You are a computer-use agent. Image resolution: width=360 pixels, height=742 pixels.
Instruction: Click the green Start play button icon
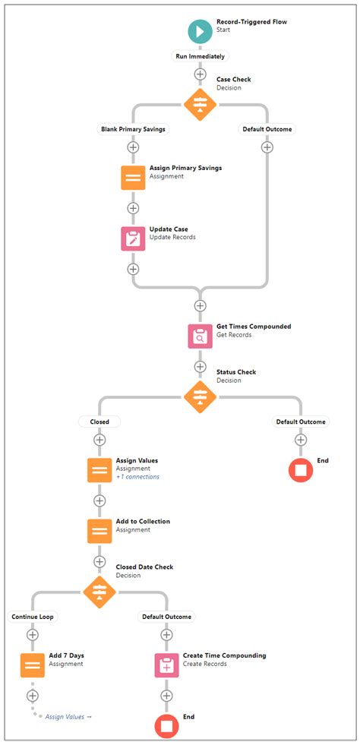(200, 31)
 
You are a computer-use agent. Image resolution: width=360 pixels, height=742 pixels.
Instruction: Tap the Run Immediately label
(200, 56)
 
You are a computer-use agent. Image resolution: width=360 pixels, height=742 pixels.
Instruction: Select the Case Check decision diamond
(200, 104)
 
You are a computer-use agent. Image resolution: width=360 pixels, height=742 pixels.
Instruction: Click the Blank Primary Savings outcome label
(134, 129)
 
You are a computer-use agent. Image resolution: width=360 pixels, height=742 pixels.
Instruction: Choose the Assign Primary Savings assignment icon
(133, 177)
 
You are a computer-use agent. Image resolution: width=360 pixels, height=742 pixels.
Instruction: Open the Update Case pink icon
(133, 238)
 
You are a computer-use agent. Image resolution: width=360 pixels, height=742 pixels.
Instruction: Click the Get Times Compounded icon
(200, 336)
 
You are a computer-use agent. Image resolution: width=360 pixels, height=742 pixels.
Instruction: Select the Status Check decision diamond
(200, 396)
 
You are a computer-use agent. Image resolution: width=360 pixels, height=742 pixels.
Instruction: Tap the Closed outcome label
(99, 422)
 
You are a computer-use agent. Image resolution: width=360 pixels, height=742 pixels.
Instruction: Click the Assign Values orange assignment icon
(99, 470)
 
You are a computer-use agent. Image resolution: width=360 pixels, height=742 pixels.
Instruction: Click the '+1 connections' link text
(137, 477)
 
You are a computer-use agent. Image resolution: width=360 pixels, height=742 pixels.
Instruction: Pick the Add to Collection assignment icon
(99, 531)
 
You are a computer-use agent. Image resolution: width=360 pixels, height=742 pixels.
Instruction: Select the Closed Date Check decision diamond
(99, 591)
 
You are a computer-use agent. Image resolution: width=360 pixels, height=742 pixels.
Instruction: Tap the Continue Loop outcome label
(33, 616)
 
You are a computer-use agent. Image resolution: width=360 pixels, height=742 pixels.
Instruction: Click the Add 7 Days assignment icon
(33, 665)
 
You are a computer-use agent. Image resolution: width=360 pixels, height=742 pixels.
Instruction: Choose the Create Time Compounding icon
(166, 665)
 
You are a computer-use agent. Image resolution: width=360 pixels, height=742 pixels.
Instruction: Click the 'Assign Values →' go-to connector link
(68, 716)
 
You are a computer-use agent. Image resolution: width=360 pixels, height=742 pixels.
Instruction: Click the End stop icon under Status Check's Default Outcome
(301, 470)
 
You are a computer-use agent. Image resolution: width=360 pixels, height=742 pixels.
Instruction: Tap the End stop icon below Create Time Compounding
(166, 725)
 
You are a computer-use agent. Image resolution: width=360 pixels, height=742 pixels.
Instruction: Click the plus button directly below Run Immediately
(200, 74)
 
